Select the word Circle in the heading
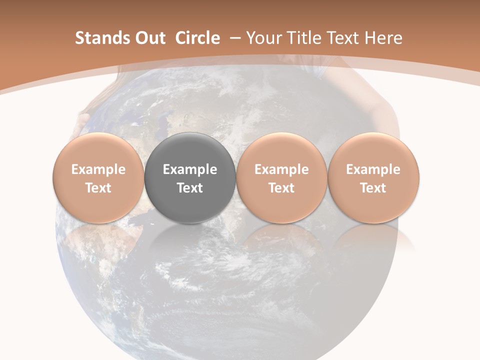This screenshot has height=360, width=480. tap(197, 38)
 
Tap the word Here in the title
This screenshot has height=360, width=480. tap(384, 38)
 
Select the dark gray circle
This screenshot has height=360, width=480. tap(190, 150)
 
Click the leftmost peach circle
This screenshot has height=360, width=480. tap(98, 150)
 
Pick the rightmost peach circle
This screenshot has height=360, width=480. tap(373, 150)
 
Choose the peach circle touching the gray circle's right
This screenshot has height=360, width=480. tap(281, 150)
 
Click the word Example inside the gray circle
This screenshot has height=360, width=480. tap(190, 169)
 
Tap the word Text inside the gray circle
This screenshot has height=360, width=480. tap(190, 188)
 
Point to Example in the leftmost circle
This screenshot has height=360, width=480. tap(98, 169)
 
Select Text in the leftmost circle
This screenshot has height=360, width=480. tap(98, 188)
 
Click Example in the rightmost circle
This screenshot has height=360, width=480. tap(373, 169)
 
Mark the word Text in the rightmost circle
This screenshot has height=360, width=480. tap(373, 188)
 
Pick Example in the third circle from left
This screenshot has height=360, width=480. tap(281, 169)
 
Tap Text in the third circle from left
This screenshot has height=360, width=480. tap(281, 188)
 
